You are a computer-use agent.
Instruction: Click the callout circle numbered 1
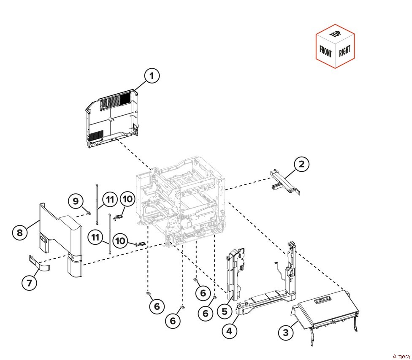pos(152,76)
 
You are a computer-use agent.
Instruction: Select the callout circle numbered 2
pos(302,164)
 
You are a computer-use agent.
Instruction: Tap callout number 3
pos(286,333)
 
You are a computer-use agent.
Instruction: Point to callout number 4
pos(230,331)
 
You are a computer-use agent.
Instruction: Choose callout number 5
pos(225,311)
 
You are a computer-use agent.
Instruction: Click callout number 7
pos(29,283)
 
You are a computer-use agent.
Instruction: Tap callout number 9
pos(76,201)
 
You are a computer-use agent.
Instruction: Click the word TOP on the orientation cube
pos(336,34)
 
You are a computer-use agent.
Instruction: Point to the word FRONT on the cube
pos(325,51)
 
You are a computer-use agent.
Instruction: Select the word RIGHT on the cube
pos(344,51)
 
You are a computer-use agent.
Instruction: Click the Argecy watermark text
pos(401,356)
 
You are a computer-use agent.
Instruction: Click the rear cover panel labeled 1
pos(112,118)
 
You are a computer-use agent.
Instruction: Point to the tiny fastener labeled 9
pos(89,213)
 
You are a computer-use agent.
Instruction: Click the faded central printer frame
pos(181,200)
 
